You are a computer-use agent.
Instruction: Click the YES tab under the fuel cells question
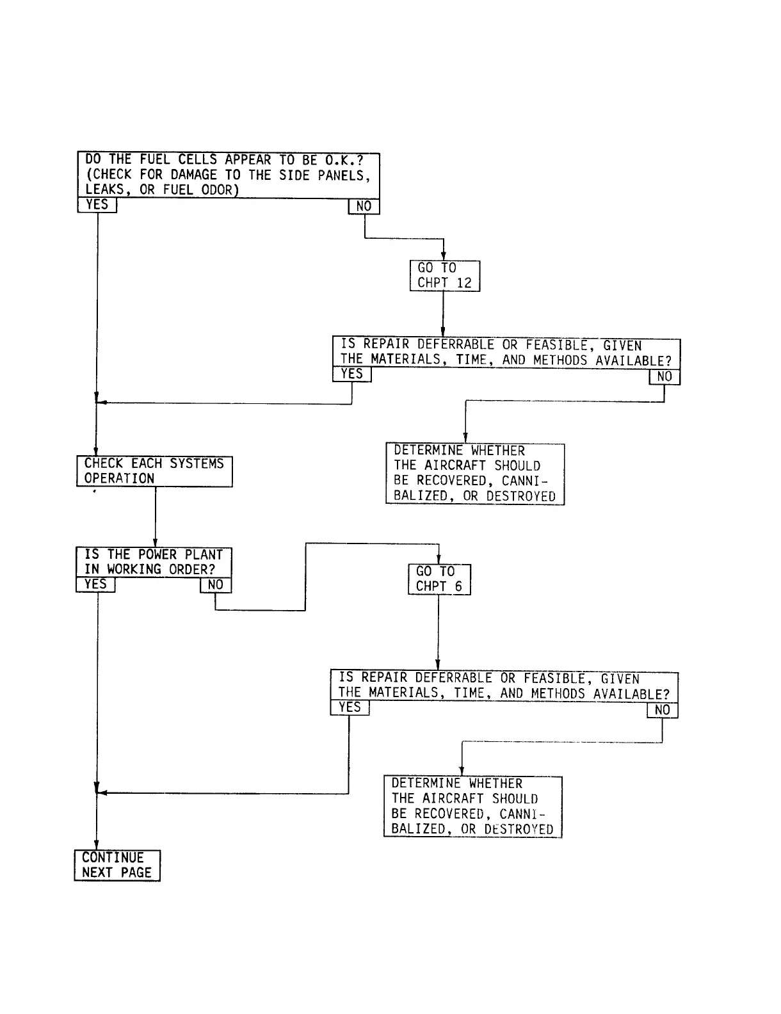(97, 205)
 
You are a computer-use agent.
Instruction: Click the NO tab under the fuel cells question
(364, 207)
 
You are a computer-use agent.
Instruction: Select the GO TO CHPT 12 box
(445, 276)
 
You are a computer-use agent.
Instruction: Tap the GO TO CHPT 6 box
(439, 579)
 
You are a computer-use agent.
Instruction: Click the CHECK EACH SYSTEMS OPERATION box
(154, 471)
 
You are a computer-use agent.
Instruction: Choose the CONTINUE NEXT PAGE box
(117, 865)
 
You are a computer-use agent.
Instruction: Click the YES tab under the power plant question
(95, 584)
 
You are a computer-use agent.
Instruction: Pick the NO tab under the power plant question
(216, 585)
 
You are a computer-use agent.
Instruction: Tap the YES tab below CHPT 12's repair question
(352, 374)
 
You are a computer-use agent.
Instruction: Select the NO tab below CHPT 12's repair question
(664, 377)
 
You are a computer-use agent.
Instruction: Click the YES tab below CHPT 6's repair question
(350, 707)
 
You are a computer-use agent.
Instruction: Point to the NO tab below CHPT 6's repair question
(663, 710)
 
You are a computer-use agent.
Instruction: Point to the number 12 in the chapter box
(464, 284)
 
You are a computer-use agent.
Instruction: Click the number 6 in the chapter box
(458, 587)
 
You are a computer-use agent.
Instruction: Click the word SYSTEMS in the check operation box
(197, 463)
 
